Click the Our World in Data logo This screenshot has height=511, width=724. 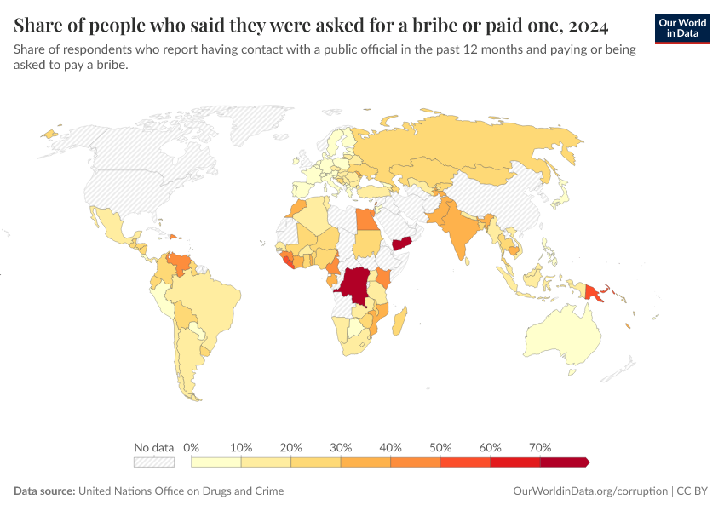pos(682,29)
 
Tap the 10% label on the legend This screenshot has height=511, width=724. pos(241,447)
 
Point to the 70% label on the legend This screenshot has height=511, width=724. pos(540,447)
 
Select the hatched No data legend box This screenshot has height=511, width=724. pos(153,462)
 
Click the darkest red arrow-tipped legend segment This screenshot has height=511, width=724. pos(564,462)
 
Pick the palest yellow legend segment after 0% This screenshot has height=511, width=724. pos(216,462)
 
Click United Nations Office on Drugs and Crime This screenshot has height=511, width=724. pos(181,491)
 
